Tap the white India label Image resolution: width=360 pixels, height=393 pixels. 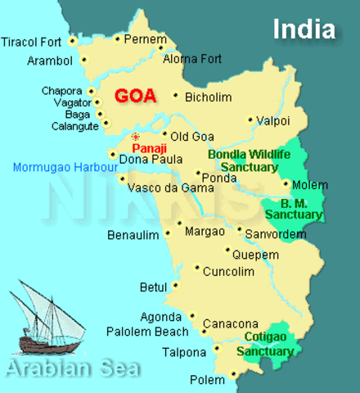click(x=304, y=29)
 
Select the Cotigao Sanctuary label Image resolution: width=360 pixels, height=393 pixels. click(x=265, y=345)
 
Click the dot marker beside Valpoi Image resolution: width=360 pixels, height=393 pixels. click(x=250, y=120)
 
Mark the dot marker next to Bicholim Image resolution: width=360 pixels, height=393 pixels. click(x=176, y=96)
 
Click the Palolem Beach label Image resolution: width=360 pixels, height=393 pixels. click(x=142, y=332)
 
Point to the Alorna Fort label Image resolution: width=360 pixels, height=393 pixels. click(x=192, y=59)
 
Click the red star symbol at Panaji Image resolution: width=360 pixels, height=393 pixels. click(x=136, y=137)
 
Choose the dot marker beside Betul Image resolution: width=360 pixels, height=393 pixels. click(x=175, y=287)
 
